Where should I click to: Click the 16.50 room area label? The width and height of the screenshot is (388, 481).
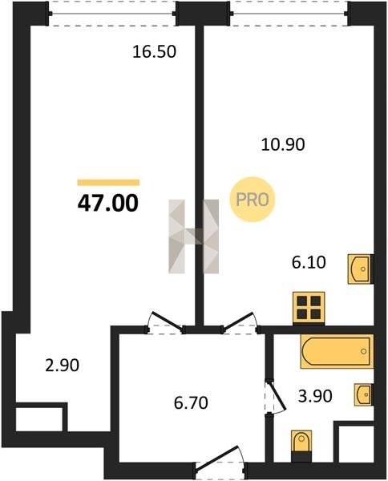pyautogui.click(x=154, y=51)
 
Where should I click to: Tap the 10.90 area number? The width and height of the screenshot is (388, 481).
pyautogui.click(x=283, y=144)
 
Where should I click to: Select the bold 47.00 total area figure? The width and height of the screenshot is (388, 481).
pyautogui.click(x=108, y=203)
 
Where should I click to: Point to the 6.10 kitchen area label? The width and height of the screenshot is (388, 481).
pyautogui.click(x=309, y=263)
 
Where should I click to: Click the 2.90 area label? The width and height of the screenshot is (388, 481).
pyautogui.click(x=63, y=366)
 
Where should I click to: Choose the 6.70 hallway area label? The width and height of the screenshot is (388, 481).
pyautogui.click(x=191, y=402)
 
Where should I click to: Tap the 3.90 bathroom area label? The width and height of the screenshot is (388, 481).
pyautogui.click(x=315, y=396)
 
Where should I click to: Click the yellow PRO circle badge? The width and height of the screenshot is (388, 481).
pyautogui.click(x=253, y=200)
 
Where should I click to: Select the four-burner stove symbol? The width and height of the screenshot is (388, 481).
pyautogui.click(x=309, y=308)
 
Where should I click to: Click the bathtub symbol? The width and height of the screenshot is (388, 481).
pyautogui.click(x=337, y=351)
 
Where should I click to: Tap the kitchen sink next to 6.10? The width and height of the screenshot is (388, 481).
pyautogui.click(x=359, y=269)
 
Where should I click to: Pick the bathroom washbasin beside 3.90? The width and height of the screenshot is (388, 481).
pyautogui.click(x=363, y=394)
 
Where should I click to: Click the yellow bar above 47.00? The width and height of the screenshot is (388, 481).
pyautogui.click(x=108, y=183)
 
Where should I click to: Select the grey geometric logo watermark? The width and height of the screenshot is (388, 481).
pyautogui.click(x=193, y=236)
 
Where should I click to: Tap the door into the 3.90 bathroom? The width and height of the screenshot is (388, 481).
pyautogui.click(x=275, y=396)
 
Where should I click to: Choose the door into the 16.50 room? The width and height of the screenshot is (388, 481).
pyautogui.click(x=165, y=323)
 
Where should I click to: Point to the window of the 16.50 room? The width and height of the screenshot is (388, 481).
pyautogui.click(x=112, y=14)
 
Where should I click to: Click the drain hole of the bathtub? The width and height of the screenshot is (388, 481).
pyautogui.click(x=364, y=351)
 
